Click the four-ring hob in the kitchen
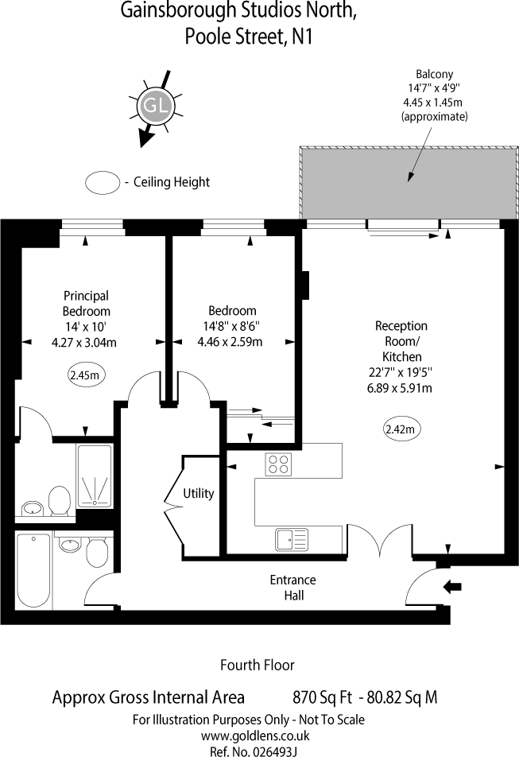[277, 464]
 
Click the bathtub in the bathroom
[33, 569]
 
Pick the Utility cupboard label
[198, 493]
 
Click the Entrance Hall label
[293, 587]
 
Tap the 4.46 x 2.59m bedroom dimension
[230, 342]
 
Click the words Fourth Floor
[257, 665]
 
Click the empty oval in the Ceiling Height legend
[102, 182]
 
